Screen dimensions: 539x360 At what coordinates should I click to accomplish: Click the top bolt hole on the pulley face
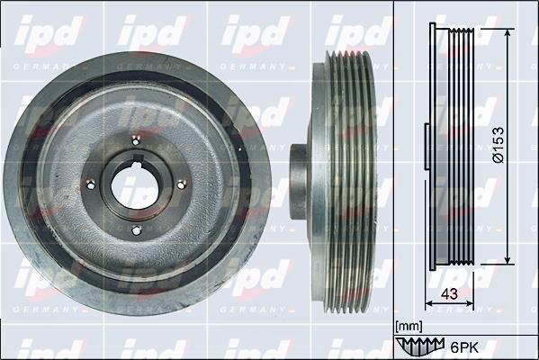tap(137, 140)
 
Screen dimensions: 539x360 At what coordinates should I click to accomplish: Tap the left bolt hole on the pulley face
tap(91, 185)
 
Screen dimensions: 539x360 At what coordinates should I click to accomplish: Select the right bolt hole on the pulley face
tap(181, 185)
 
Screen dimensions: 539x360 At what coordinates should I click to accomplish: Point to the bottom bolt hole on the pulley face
tap(137, 230)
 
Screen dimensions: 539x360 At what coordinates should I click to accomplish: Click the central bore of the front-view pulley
tap(135, 185)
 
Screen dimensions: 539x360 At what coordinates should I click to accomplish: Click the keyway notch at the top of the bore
tap(138, 158)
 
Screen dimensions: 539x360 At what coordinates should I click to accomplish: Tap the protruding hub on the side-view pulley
tap(299, 182)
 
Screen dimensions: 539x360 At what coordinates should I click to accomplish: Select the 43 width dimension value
tap(449, 294)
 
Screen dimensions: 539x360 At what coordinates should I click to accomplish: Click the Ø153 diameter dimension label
tap(498, 145)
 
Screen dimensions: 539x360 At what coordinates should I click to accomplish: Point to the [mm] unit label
tap(409, 327)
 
